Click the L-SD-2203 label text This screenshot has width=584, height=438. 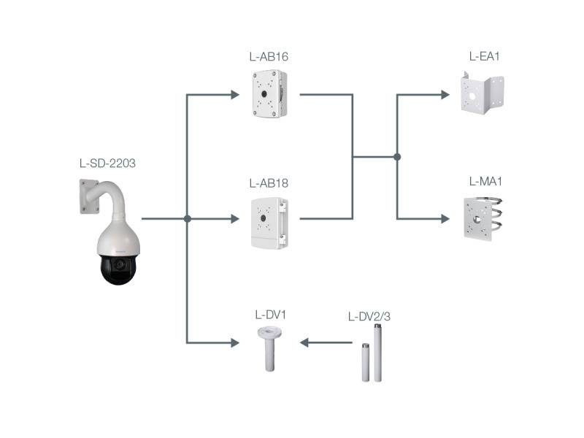click(x=107, y=163)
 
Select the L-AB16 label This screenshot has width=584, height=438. click(x=268, y=56)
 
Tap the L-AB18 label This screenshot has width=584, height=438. click(x=268, y=182)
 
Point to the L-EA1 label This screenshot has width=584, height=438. click(x=484, y=56)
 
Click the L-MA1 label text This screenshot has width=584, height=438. click(x=484, y=181)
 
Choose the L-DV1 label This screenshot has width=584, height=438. click(x=269, y=315)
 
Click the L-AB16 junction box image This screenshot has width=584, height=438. click(x=269, y=93)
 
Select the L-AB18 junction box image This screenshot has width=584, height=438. click(x=269, y=223)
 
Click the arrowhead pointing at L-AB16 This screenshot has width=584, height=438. click(x=234, y=94)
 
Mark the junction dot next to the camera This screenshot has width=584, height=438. click(x=188, y=218)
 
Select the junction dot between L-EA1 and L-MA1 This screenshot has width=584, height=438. click(x=397, y=156)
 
